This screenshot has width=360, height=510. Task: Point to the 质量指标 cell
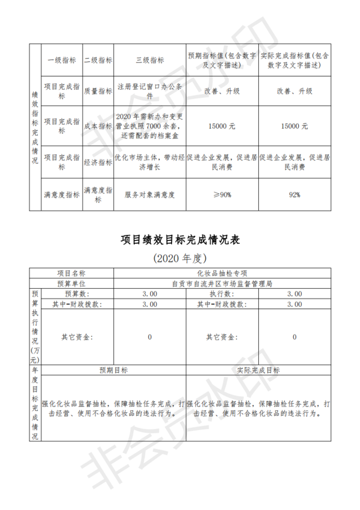click(98, 91)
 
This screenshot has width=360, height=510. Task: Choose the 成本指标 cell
click(98, 126)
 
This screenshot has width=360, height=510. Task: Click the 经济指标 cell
click(98, 162)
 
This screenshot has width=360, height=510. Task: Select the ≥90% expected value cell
click(222, 195)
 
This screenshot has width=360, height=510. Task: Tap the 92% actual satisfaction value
click(294, 195)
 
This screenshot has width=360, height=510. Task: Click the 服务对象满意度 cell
click(150, 195)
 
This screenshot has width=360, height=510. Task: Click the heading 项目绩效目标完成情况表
click(180, 240)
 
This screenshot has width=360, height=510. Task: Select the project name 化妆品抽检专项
click(223, 274)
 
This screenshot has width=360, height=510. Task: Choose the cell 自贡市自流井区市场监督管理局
click(223, 284)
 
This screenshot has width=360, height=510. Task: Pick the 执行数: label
click(221, 294)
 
